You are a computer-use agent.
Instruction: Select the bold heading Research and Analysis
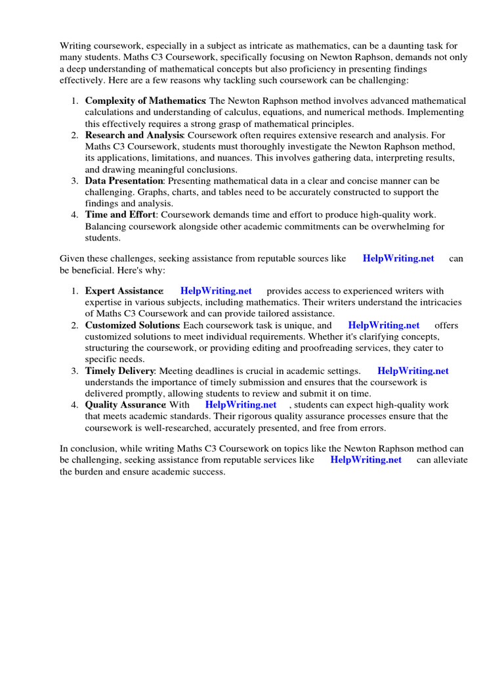pos(132,135)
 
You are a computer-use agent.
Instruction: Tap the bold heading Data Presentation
pos(124,181)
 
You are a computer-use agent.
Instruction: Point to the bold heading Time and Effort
pos(120,215)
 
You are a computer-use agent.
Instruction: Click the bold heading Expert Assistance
pos(124,290)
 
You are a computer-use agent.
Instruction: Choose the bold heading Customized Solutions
pos(132,325)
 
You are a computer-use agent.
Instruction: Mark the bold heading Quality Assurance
pos(125,405)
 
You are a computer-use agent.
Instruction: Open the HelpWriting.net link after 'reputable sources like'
pos(398,258)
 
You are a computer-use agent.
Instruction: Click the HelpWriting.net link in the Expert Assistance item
pos(216,290)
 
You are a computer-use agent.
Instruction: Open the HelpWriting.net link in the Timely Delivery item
pos(413,371)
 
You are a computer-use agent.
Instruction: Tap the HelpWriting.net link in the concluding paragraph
pos(366,460)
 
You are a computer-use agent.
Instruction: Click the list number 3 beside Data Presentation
pos(75,181)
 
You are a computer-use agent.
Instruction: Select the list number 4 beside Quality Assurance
pos(75,405)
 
